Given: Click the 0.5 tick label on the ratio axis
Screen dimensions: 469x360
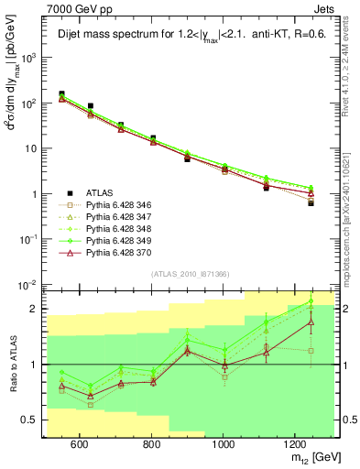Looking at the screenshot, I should [29, 420].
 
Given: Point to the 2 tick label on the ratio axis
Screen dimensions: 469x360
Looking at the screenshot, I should [35, 309].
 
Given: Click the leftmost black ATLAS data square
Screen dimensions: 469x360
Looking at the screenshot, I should [61, 94].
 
